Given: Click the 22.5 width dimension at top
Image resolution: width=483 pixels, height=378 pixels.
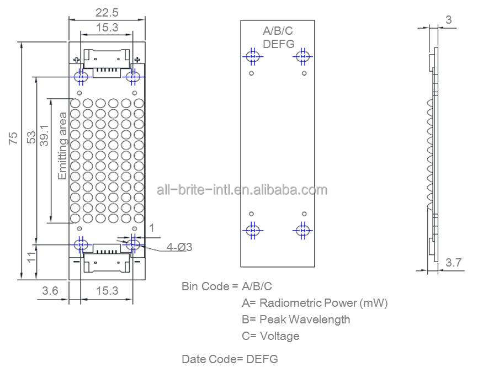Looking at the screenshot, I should coord(107,12).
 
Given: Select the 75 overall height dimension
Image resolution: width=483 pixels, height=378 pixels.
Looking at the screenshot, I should coord(13,137).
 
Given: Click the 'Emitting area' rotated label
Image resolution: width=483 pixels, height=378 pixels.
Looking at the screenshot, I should coord(62,146).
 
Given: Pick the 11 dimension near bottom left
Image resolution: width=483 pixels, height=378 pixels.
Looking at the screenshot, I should coord(31,256).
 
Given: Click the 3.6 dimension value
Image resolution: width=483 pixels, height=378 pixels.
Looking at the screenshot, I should coord(50,291).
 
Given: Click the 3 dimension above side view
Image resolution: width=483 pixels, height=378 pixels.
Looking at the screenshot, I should coord(448,19).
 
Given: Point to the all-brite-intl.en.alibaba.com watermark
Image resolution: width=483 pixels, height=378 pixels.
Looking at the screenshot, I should coord(242,190).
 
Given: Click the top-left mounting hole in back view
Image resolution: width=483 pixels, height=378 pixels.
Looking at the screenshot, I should coord(253,56).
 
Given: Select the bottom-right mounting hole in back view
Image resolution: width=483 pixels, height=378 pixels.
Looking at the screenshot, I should coord(302,230).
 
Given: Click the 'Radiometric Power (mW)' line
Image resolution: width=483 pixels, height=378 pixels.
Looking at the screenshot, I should coord(315,303).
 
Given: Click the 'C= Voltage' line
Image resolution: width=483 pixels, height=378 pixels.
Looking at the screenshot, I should coord(270,336).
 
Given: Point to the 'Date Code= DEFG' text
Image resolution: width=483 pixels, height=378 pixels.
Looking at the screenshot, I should coord(230,359).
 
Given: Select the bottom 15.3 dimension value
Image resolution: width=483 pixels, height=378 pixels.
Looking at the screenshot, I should coord(107,291).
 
